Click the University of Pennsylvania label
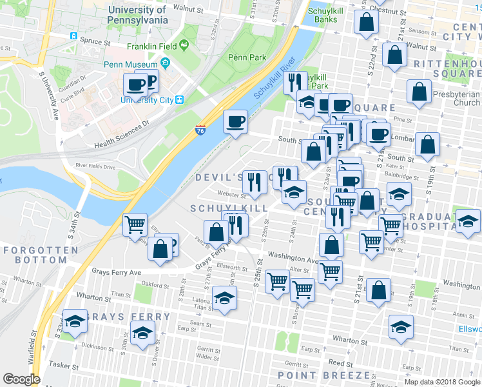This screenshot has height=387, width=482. click(138, 15)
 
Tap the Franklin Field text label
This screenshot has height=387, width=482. click(152, 46)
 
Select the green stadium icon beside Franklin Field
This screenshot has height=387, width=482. click(184, 46)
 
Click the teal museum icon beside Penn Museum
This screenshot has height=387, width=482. click(166, 64)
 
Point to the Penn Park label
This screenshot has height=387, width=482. click(247, 57)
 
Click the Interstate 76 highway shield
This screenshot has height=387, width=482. click(200, 130)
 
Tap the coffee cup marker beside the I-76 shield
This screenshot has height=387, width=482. click(235, 121)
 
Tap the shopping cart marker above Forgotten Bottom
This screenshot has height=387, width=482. click(135, 224)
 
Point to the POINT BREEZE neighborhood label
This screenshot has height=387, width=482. click(316, 375)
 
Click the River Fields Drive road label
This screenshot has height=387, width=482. click(95, 166)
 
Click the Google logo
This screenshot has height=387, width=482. click(21, 379)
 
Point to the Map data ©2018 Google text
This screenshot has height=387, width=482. click(442, 382)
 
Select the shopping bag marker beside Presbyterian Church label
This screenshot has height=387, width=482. click(419, 93)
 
